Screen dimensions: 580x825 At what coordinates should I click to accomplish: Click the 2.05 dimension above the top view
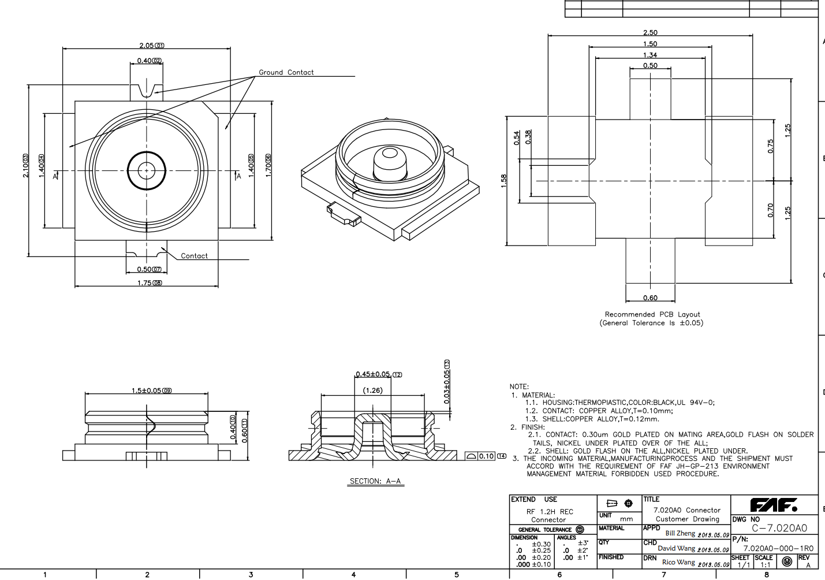(x=147, y=46)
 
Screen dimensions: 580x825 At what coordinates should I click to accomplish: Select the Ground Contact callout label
(x=286, y=72)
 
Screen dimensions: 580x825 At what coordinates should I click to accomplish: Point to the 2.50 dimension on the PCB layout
(x=650, y=33)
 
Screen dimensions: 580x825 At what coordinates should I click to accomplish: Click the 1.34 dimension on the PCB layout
(x=650, y=55)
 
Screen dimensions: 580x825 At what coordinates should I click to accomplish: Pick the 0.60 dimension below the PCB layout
(x=650, y=298)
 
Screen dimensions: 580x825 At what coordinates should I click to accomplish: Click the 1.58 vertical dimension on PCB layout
(x=503, y=181)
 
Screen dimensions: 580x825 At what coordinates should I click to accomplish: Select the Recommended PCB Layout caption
(x=652, y=315)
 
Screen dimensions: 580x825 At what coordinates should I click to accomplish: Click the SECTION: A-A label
(x=375, y=481)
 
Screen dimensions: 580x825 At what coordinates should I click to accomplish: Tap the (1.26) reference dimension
(x=372, y=391)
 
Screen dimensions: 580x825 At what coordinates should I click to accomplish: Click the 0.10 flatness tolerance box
(x=486, y=456)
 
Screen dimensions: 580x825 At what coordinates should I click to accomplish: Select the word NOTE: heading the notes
(x=519, y=386)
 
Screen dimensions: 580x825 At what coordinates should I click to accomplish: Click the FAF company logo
(x=774, y=505)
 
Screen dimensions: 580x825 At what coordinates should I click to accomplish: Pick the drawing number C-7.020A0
(x=779, y=528)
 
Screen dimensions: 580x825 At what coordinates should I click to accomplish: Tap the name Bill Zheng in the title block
(x=680, y=533)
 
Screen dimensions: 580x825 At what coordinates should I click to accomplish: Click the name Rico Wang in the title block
(x=678, y=562)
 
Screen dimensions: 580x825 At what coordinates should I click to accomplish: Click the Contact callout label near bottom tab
(x=194, y=256)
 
